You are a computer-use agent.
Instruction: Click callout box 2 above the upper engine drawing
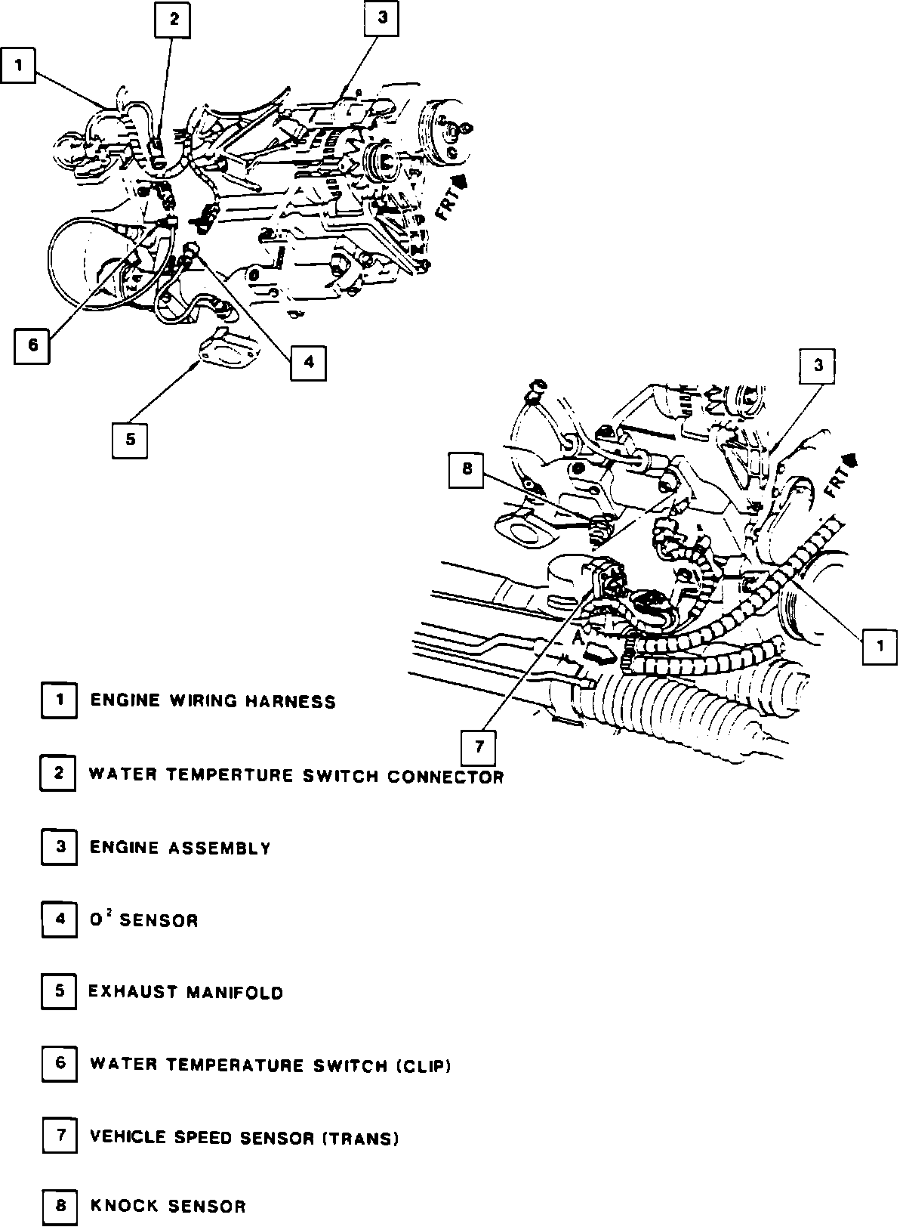point(173,20)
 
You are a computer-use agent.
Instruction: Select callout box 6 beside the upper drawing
point(32,346)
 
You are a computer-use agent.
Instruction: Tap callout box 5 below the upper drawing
point(130,439)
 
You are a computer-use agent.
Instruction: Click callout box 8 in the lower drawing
point(467,469)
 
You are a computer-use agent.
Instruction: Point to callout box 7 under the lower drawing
point(479,748)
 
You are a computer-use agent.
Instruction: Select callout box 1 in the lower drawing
point(880,646)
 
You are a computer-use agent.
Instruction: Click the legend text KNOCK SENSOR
point(168,1207)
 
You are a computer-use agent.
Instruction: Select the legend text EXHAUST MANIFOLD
point(186,992)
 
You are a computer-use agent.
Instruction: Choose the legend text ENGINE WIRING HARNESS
point(213,701)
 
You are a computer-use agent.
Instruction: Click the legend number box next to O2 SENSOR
point(59,919)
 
